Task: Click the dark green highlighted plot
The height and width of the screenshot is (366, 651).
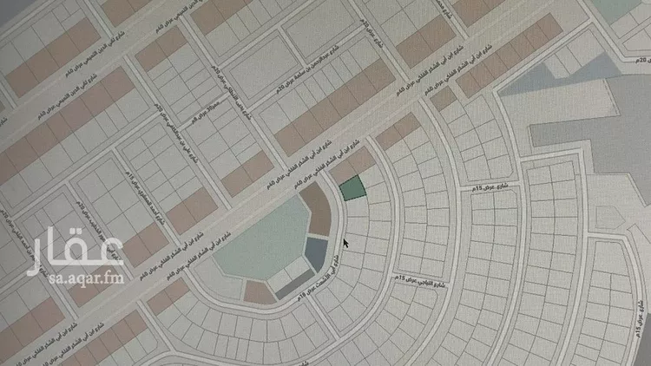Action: click(x=350, y=188)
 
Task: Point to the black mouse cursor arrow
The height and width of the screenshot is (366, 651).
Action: click(x=346, y=243)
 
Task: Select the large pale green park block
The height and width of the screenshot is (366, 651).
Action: click(x=252, y=247)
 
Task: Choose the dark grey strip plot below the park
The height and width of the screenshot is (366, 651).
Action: click(x=293, y=280)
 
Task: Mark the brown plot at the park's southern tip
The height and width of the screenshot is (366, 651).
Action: click(x=259, y=293)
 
